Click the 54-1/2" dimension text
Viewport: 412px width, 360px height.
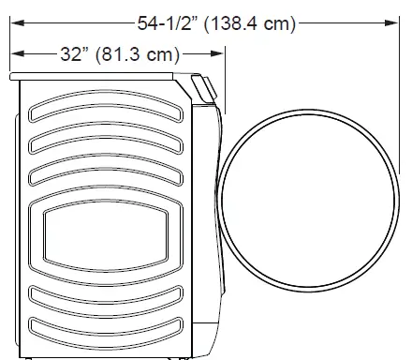[x=168, y=23]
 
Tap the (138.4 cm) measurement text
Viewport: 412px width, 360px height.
[x=250, y=23]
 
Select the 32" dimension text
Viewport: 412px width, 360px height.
[x=75, y=53]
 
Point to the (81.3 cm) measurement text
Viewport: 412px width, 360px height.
[x=138, y=54]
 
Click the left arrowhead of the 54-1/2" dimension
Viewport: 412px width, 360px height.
[x=18, y=22]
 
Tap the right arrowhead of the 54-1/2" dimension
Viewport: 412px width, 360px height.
[x=391, y=22]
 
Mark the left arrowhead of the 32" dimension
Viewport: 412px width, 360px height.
[x=18, y=53]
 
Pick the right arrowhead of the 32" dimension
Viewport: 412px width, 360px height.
[x=217, y=53]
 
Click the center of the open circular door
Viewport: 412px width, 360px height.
[x=308, y=201]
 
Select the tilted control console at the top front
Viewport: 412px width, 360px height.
[x=204, y=88]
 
